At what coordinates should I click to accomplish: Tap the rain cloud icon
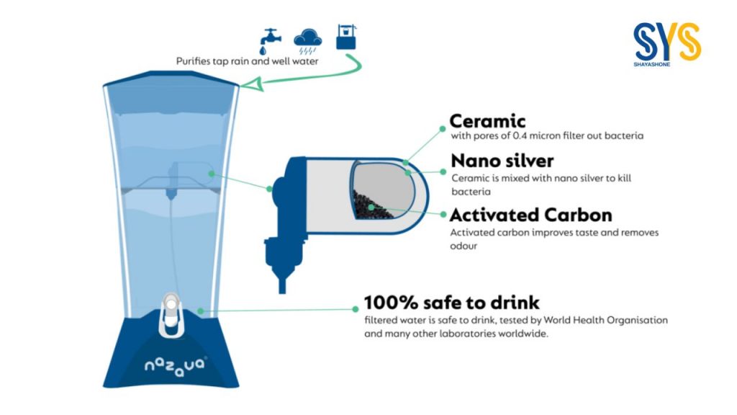[x=308, y=42]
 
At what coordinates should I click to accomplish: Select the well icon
[x=346, y=37]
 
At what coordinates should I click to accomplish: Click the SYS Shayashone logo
[x=667, y=44]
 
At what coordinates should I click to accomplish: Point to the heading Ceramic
[x=487, y=121]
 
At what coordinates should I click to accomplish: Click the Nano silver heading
[x=502, y=161]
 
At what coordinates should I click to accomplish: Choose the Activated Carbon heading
[x=531, y=215]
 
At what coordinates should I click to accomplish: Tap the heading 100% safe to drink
[x=452, y=302]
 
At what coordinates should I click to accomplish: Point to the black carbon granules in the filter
[x=371, y=205]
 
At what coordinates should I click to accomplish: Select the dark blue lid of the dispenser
[x=171, y=79]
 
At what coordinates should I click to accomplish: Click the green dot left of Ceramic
[x=443, y=128]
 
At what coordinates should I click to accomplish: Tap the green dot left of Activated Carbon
[x=443, y=215]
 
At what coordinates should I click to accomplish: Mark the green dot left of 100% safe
[x=356, y=309]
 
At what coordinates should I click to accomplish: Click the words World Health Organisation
[x=605, y=320]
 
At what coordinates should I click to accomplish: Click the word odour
[x=464, y=246]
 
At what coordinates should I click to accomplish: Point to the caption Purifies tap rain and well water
[x=248, y=61]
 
